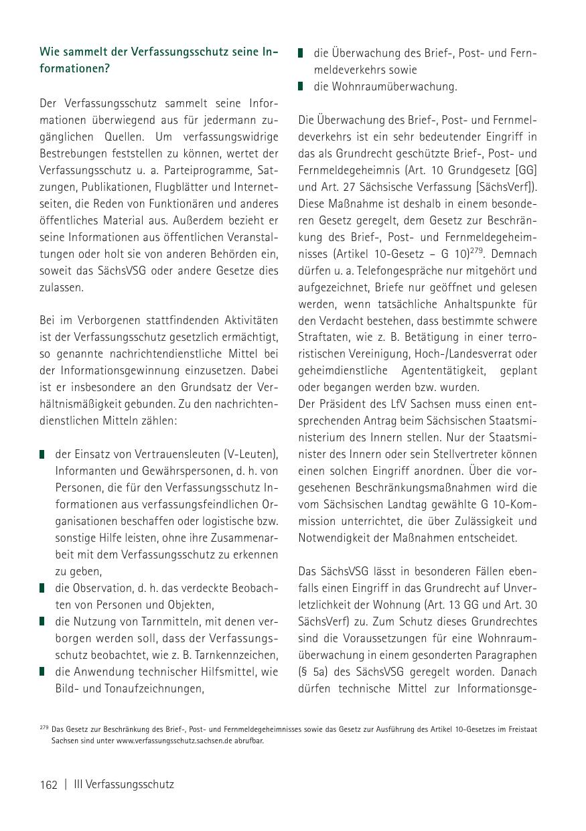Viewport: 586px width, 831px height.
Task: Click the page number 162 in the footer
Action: coord(49,784)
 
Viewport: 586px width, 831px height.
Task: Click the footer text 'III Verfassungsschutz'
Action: coord(124,784)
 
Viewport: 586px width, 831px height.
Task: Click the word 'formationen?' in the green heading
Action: coord(74,68)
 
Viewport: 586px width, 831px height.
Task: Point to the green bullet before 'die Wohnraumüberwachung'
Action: coord(301,86)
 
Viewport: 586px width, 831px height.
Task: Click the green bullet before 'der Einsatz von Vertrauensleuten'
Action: coord(42,454)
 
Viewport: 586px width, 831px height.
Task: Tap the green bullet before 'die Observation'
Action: coord(42,588)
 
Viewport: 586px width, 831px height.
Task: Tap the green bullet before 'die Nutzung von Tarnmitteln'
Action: coord(42,621)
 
